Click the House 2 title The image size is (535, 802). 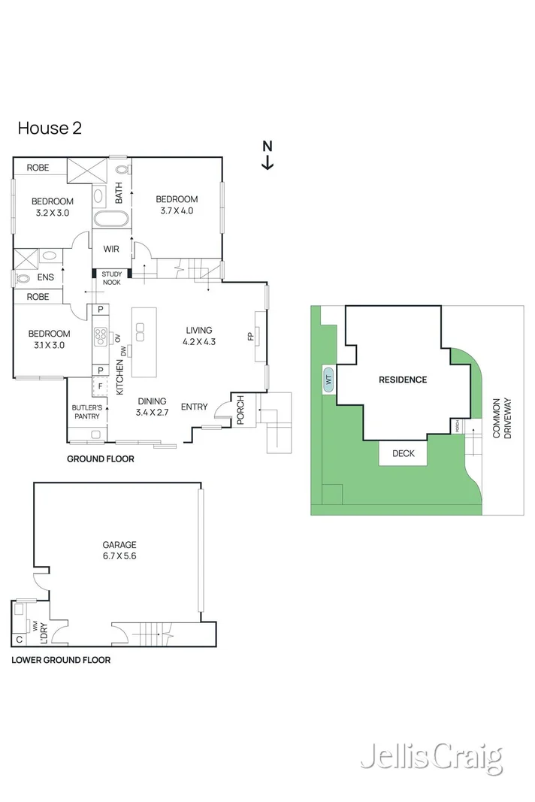50,128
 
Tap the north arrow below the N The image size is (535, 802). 267,162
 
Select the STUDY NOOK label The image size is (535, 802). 111,278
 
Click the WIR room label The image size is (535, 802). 111,249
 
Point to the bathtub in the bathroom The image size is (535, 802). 111,219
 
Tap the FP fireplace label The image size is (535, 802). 251,336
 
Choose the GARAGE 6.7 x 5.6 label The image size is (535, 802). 119,550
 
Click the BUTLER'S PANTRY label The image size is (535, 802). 87,412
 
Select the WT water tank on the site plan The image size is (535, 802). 328,380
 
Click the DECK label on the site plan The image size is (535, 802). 403,453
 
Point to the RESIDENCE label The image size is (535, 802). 403,380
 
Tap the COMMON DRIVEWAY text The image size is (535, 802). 502,418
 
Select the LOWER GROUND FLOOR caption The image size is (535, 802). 61,660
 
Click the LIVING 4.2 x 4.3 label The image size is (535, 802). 199,336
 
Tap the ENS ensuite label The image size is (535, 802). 46,277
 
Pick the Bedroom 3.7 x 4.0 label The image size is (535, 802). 177,204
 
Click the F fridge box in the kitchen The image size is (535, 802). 100,386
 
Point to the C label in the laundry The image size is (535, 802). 20,640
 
